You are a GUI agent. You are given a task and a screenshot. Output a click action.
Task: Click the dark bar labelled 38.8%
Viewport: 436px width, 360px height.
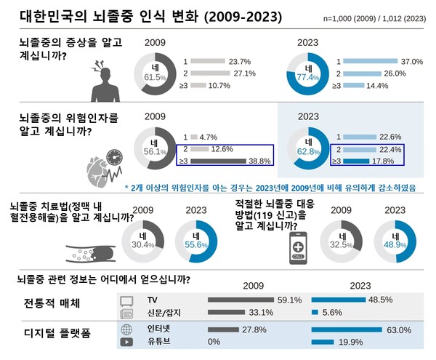click(x=219, y=161)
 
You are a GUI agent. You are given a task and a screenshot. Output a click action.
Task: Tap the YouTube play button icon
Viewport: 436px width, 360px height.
click(x=126, y=342)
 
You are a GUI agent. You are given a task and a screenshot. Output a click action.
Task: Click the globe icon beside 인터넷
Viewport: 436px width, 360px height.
click(x=126, y=329)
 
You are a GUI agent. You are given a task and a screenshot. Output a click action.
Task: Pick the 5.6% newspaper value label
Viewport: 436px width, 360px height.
click(x=335, y=313)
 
